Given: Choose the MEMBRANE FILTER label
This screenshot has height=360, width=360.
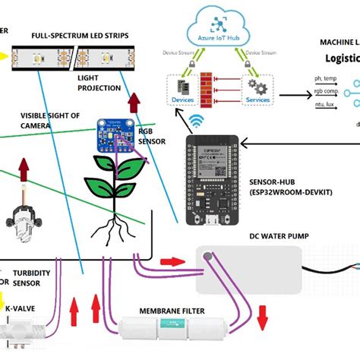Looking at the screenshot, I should (175, 311).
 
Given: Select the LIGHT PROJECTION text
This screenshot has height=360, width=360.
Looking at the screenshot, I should (99, 83).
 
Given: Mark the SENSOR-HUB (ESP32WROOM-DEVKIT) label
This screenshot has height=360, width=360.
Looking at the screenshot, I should (290, 188).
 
